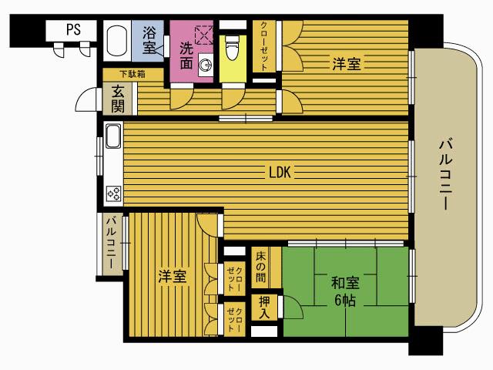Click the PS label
pyautogui.click(x=73, y=30)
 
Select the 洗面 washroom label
pyautogui.click(x=186, y=55)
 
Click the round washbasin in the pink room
pyautogui.click(x=205, y=65)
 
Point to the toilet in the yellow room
pyautogui.click(x=231, y=47)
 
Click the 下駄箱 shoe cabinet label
pyautogui.click(x=131, y=74)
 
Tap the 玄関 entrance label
pyautogui.click(x=118, y=98)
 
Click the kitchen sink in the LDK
pyautogui.click(x=112, y=137)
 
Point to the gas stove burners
pyautogui.click(x=112, y=192)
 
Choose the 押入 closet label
pyautogui.click(x=263, y=307)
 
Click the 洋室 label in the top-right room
pyautogui.click(x=347, y=63)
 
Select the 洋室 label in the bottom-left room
pyautogui.click(x=173, y=276)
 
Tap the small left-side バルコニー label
pyautogui.click(x=111, y=244)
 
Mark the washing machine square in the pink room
pyautogui.click(x=204, y=35)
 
